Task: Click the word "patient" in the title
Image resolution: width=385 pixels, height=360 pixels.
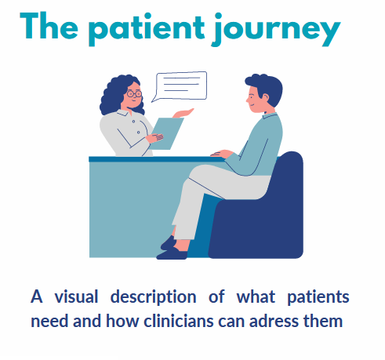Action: [x=146, y=29]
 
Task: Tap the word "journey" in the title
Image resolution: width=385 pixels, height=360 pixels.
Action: [x=276, y=30]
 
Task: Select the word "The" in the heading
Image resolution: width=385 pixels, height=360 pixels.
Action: [x=49, y=26]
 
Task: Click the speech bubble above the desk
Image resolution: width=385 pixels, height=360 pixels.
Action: [x=180, y=86]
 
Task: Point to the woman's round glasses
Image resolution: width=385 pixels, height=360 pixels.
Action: [x=135, y=93]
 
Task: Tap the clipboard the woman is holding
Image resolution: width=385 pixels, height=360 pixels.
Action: [x=167, y=133]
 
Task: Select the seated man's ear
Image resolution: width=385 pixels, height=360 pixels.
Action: [x=265, y=98]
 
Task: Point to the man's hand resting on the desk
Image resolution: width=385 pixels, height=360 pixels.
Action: [x=221, y=154]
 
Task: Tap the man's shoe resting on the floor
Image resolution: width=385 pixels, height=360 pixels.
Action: [x=172, y=254]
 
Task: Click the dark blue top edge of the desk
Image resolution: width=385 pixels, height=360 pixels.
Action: [x=156, y=159]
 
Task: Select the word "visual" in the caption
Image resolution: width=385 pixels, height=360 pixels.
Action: [x=76, y=296]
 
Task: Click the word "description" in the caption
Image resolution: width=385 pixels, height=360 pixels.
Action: [x=153, y=298]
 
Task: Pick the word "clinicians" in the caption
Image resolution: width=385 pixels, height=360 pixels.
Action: [x=179, y=320]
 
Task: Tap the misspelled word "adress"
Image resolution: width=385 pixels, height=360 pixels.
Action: [x=274, y=321]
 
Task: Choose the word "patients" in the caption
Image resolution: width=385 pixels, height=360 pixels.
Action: [x=318, y=298]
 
